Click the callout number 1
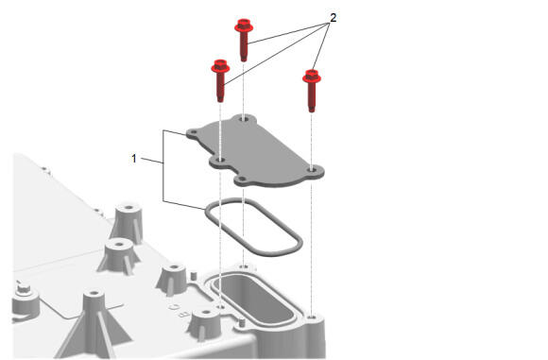pos(134,159)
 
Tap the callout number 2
pos(334,18)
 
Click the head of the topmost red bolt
pos(244,26)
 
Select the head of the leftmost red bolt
pos(220,66)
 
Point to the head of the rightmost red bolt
pos(312,77)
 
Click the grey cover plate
pos(255,151)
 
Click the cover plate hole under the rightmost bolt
pos(312,169)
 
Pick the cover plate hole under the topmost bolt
pos(244,119)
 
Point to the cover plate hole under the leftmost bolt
pos(220,160)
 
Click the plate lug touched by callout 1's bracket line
pos(194,133)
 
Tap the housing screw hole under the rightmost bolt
pos(313,317)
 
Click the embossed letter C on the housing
pos(174,307)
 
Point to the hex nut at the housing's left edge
pos(24,288)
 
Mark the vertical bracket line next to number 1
pos(163,165)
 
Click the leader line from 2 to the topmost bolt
pos(288,33)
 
